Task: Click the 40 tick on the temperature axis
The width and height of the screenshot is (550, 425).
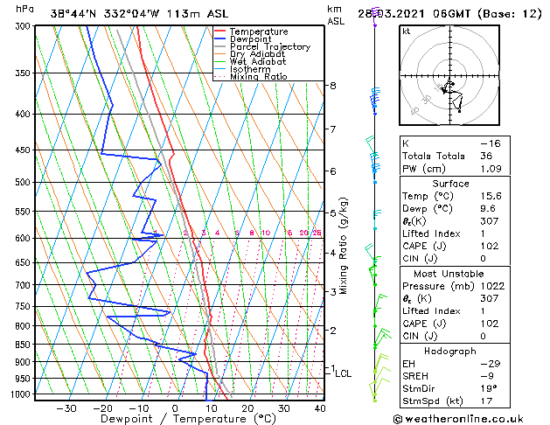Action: (320, 408)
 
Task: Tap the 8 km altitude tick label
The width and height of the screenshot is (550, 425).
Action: (333, 86)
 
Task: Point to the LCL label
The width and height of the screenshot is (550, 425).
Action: (344, 373)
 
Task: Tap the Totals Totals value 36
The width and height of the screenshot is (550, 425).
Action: (487, 156)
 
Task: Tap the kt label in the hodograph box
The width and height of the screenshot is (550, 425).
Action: (406, 31)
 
